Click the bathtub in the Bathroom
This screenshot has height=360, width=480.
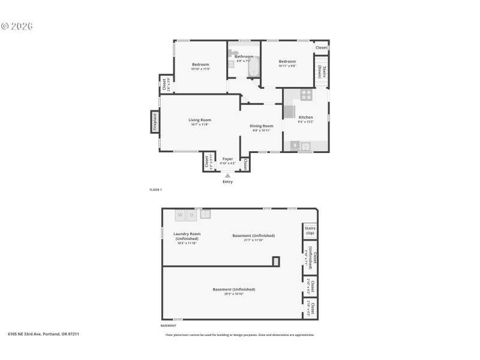point(254,67)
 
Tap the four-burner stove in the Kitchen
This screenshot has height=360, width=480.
point(307,94)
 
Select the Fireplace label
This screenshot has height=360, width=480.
point(155,122)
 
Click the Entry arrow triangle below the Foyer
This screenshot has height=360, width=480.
point(227,176)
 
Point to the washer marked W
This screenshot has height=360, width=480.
point(180,215)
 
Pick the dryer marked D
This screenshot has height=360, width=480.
point(192,215)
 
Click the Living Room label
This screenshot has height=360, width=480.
point(200,120)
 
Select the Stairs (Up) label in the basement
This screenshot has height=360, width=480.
point(310,230)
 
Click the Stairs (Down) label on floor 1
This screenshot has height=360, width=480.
point(322,71)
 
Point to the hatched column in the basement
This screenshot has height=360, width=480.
point(276,261)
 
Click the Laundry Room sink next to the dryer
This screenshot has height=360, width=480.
point(206,213)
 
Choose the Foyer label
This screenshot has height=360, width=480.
point(227,159)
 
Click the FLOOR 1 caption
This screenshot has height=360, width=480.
point(155,190)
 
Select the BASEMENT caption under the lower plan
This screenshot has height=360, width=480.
point(168,326)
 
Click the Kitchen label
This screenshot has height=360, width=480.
point(305,117)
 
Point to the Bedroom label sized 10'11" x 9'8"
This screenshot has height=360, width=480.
point(287,61)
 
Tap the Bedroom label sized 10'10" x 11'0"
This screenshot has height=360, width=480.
point(200,64)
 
